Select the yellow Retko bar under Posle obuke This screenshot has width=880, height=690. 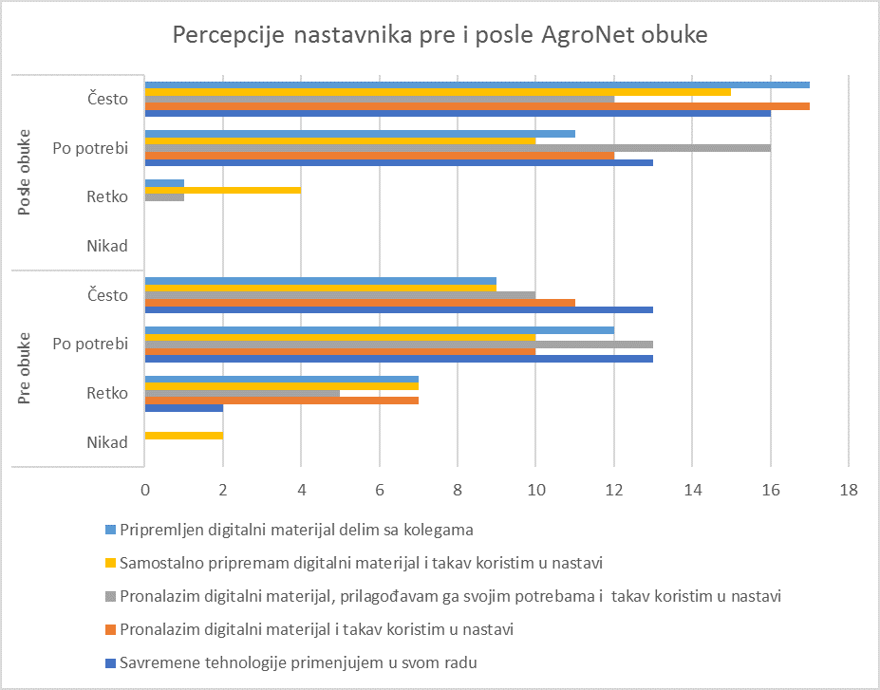click(223, 190)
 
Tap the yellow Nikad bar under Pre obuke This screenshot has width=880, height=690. click(184, 436)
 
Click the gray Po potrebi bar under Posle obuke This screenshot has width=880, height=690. click(458, 148)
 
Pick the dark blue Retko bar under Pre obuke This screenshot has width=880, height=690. click(184, 408)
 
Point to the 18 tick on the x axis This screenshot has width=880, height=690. click(849, 490)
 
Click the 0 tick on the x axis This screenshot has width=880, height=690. click(145, 490)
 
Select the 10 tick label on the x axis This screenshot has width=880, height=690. click(536, 490)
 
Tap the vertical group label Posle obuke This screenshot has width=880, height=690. click(24, 172)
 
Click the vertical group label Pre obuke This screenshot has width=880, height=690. click(24, 368)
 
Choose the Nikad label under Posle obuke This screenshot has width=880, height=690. click(107, 246)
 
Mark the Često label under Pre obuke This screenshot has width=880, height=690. click(108, 294)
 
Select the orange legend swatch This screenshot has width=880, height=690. click(110, 630)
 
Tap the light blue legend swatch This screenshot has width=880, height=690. click(110, 530)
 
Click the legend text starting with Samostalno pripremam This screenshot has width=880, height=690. click(361, 563)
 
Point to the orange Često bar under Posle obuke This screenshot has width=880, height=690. click(477, 106)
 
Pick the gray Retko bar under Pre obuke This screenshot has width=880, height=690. click(242, 393)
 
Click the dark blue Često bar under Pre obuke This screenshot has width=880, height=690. click(399, 309)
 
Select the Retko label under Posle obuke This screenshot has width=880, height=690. click(107, 196)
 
